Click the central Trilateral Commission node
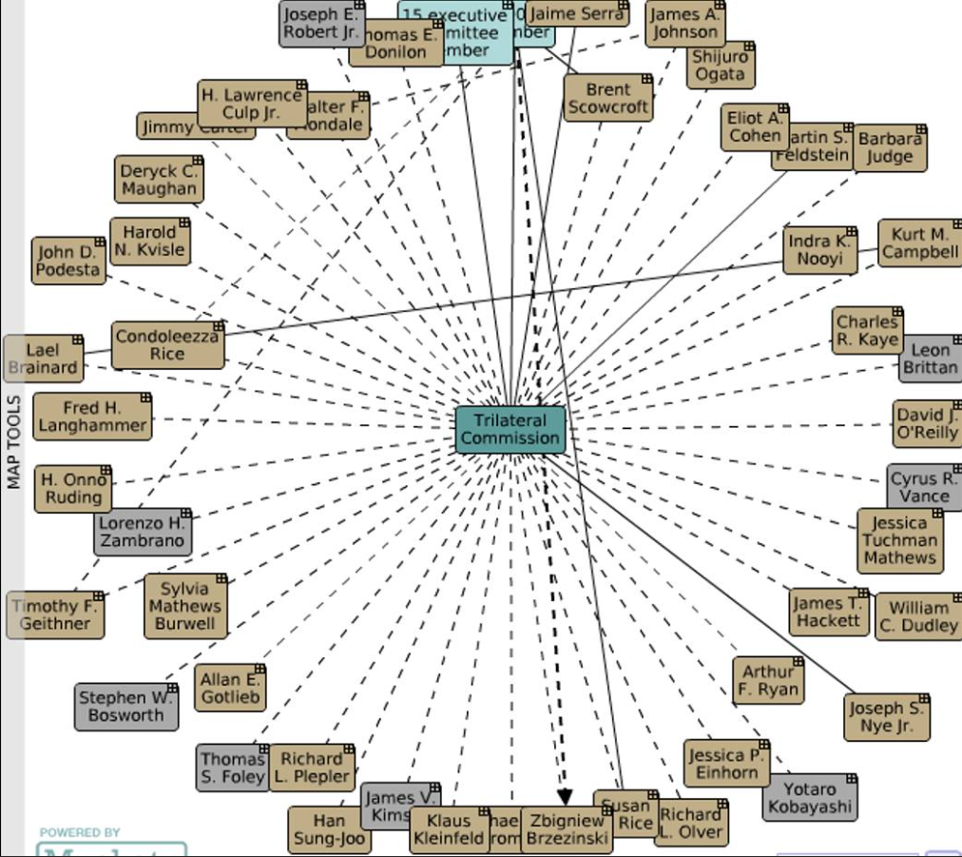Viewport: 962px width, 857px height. [510, 430]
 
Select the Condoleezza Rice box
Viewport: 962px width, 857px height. [167, 345]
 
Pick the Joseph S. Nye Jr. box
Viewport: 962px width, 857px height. [887, 717]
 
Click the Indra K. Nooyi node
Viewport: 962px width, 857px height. [819, 249]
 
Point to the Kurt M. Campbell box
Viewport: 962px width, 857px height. [919, 243]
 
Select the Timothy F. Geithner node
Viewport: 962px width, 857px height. [55, 615]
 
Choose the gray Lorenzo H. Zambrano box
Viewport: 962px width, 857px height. [143, 532]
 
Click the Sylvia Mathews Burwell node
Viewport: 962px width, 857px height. [185, 606]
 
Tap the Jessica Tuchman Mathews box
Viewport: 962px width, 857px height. [899, 540]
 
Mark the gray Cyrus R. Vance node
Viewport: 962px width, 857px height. [924, 487]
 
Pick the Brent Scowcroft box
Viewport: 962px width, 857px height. [607, 98]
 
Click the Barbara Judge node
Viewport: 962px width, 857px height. [890, 147]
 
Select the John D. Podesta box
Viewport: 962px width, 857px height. [67, 261]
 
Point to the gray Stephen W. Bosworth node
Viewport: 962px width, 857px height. [126, 707]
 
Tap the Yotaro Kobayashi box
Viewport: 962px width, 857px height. [810, 797]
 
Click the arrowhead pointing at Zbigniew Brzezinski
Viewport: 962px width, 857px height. [565, 796]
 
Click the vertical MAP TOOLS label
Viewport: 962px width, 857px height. [13, 442]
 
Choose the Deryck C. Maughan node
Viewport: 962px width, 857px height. [159, 181]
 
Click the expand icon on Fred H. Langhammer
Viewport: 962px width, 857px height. [145, 398]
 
